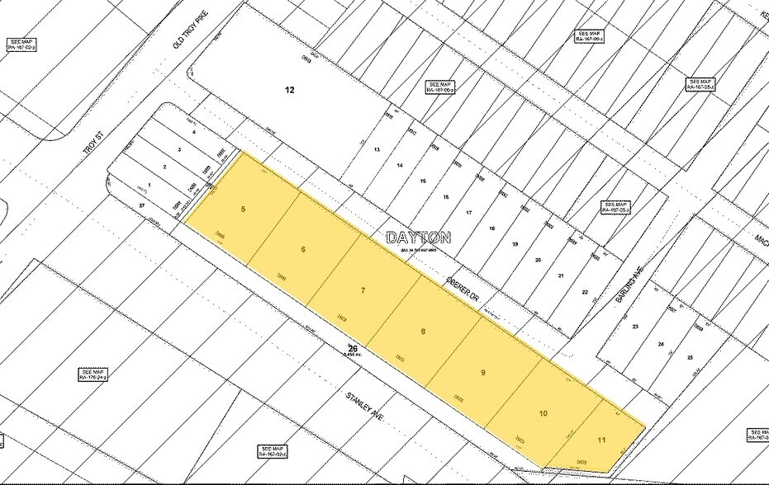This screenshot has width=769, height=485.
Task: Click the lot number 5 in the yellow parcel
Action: pyautogui.click(x=243, y=210)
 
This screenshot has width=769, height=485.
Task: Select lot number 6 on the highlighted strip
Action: pyautogui.click(x=303, y=249)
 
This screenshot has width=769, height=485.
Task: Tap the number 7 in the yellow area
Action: pyautogui.click(x=363, y=290)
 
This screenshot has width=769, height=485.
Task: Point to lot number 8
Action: pyautogui.click(x=423, y=332)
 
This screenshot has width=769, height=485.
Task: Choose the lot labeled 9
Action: pyautogui.click(x=483, y=372)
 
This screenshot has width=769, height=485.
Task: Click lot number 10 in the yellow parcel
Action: pyautogui.click(x=543, y=413)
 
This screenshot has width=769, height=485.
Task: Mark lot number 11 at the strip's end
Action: pyautogui.click(x=601, y=440)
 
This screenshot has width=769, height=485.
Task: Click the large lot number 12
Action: pyautogui.click(x=290, y=90)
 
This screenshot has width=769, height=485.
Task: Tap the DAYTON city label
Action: pyautogui.click(x=419, y=238)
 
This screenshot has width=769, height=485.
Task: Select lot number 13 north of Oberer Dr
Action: pyautogui.click(x=376, y=149)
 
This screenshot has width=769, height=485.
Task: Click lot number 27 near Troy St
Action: pyautogui.click(x=142, y=205)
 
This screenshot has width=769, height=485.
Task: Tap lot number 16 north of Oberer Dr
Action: pyautogui.click(x=445, y=197)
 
